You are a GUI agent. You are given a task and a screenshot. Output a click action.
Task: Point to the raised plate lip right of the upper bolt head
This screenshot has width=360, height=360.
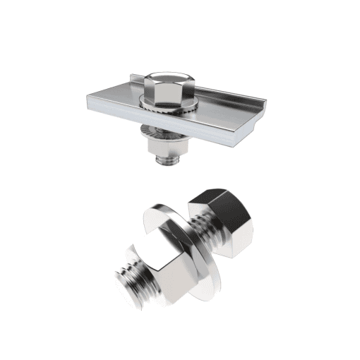[x=212, y=91]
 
